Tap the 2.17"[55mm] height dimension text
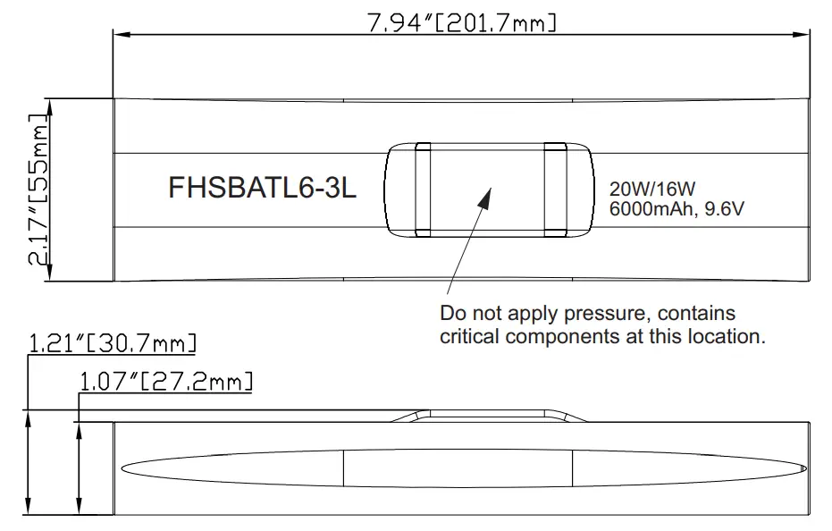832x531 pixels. point(37,190)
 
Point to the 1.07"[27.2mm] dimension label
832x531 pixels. point(166,382)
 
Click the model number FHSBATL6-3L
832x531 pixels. point(262,190)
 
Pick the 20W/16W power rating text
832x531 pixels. point(651,189)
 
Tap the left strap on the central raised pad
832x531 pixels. point(423,190)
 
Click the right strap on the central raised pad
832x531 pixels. point(555,190)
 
